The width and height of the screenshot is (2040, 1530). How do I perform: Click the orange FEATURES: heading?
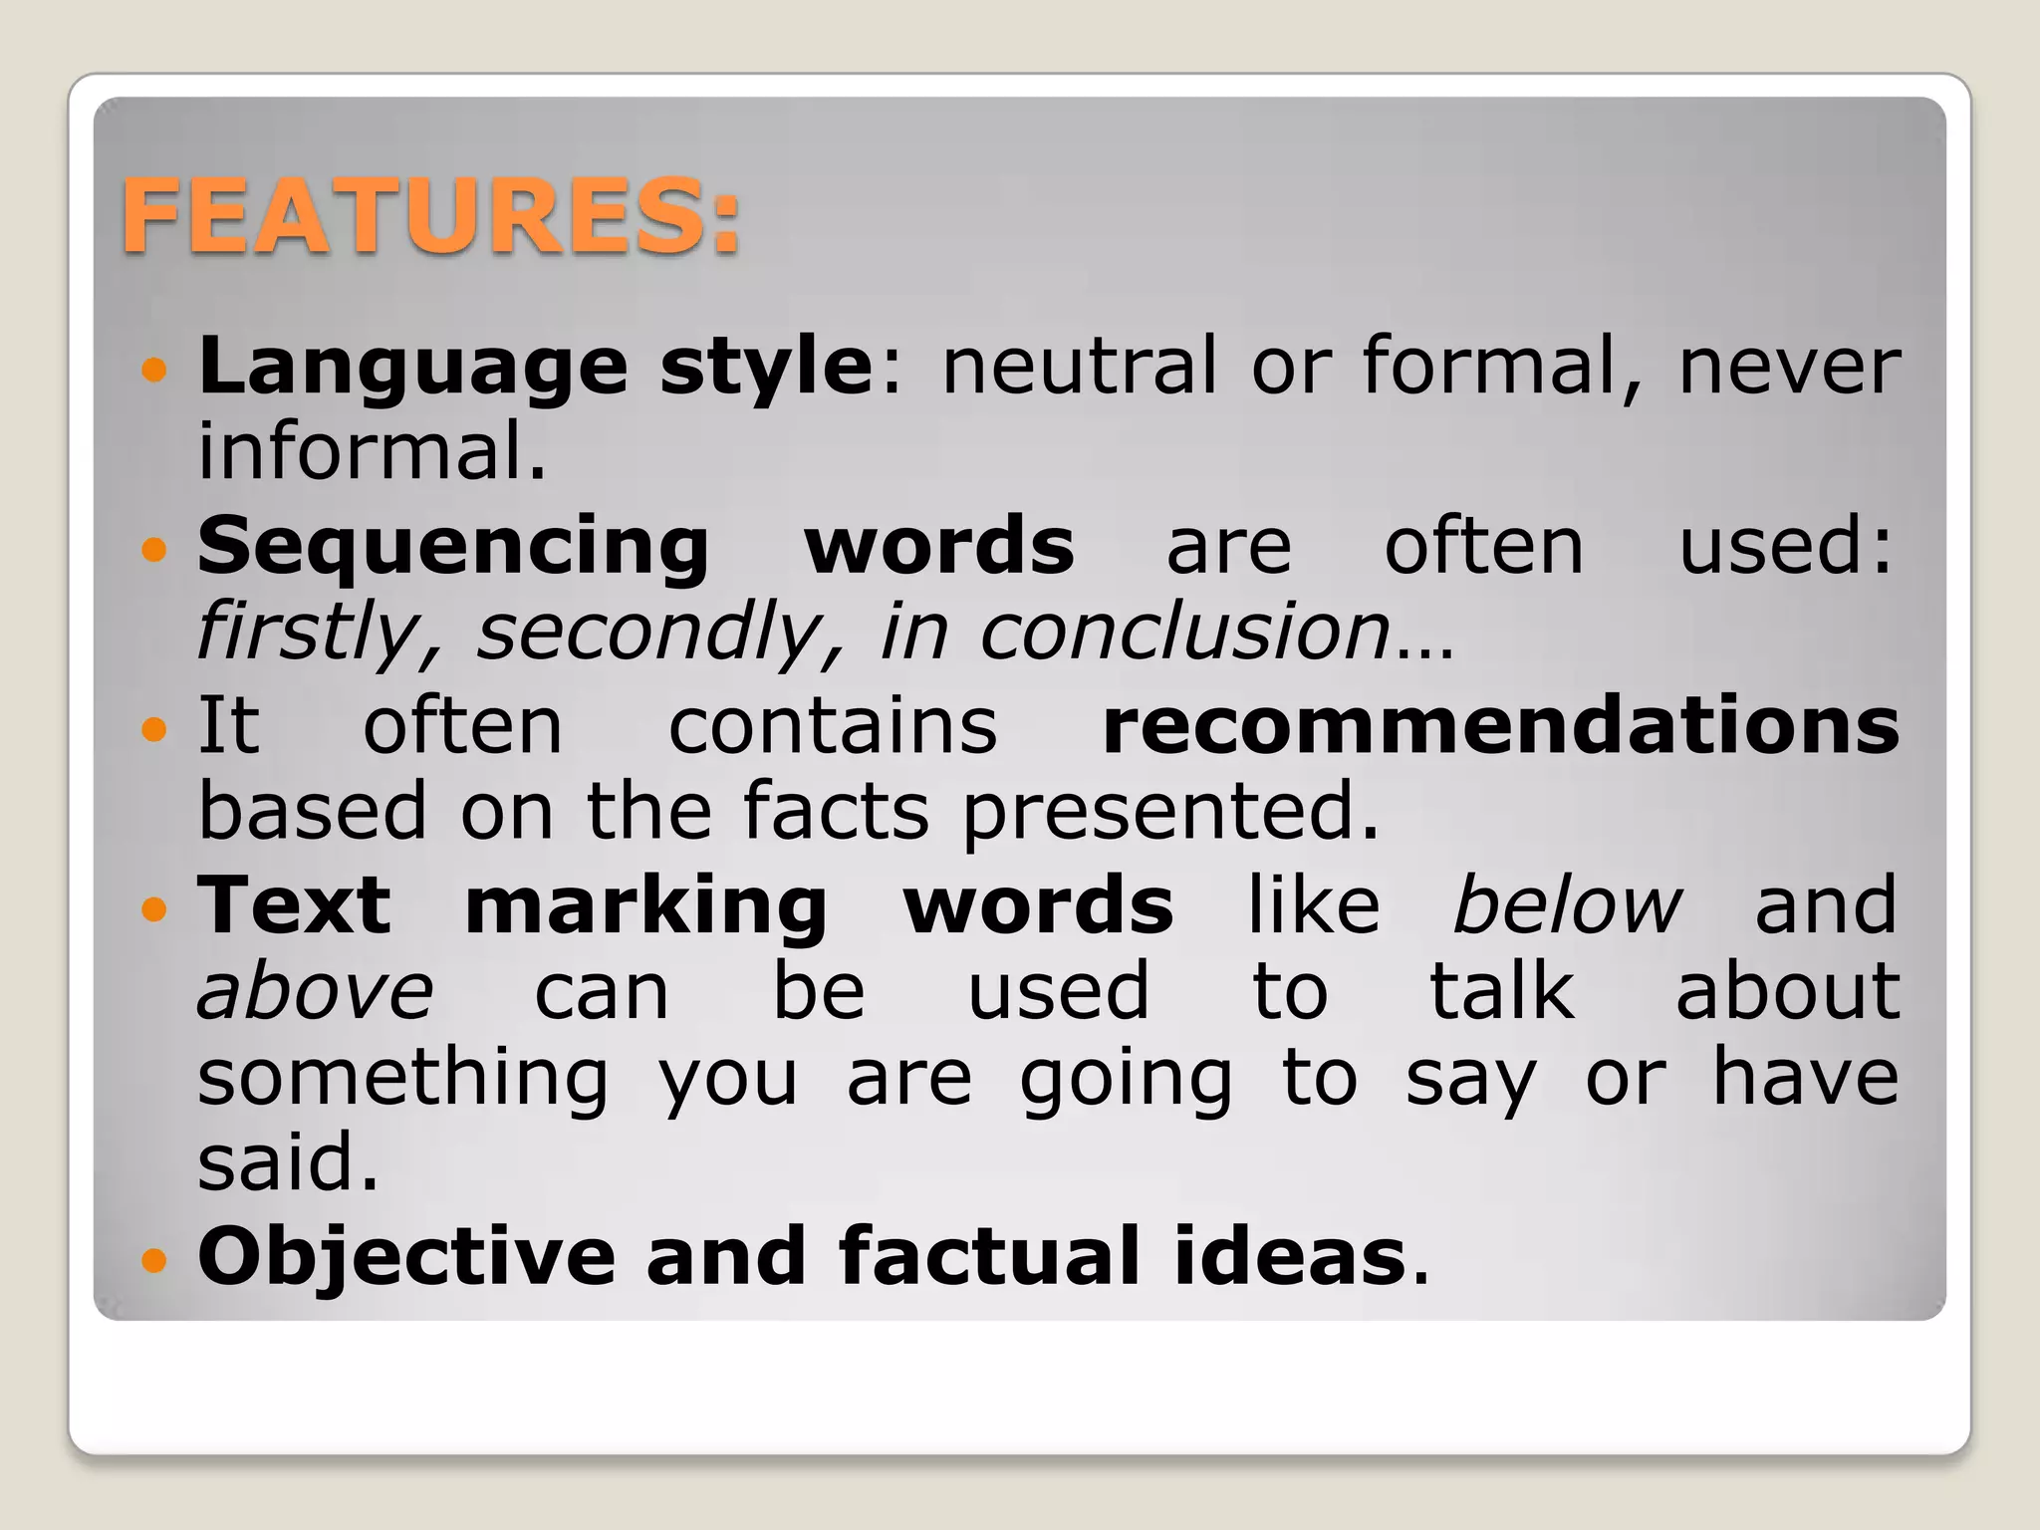pos(430,216)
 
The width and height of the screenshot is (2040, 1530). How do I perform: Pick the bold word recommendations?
pos(1500,725)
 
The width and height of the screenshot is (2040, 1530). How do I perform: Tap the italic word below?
pos(1567,904)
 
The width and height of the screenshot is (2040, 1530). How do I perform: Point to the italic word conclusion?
pos(1185,632)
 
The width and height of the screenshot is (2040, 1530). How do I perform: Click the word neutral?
pos(1079,367)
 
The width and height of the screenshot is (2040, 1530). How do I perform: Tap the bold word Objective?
pos(406,1257)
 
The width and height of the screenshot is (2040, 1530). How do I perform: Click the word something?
pos(402,1080)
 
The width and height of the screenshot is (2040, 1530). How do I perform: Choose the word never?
pos(1789,367)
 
